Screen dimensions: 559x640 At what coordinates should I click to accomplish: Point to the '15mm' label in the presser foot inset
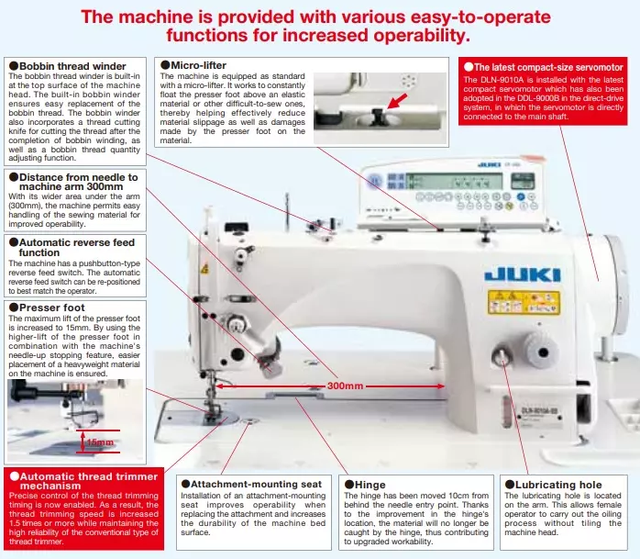click(x=100, y=442)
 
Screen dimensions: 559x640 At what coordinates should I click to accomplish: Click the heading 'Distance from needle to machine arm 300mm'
click(x=77, y=182)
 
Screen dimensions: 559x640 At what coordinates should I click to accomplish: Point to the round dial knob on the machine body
click(x=501, y=355)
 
